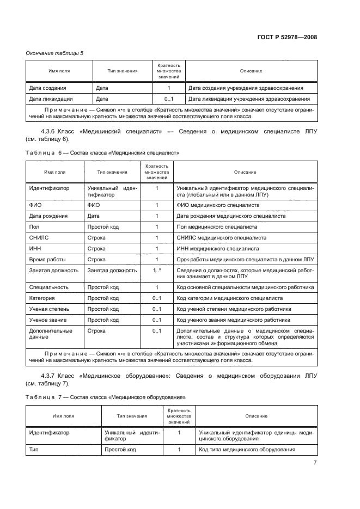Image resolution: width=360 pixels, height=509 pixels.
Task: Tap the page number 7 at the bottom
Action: pos(315,463)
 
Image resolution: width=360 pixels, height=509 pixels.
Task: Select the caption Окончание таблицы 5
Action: pos(55,53)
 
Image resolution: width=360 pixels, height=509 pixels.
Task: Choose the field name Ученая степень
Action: pos(48,309)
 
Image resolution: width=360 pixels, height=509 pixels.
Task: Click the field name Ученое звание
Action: pos(47,320)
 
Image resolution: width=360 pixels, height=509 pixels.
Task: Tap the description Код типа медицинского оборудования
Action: pos(247,450)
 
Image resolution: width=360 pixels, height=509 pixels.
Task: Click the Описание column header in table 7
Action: pos(255,416)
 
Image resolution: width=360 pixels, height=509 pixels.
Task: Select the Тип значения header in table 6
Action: pos(112,172)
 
